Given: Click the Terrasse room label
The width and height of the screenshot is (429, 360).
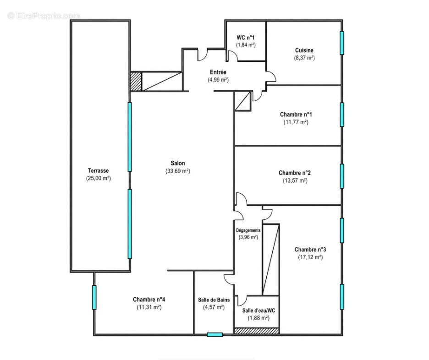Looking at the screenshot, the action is pos(98,170).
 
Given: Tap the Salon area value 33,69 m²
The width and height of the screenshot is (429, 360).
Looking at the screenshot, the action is pos(178,171).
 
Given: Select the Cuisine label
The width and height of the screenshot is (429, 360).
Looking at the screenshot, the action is pos(304,50).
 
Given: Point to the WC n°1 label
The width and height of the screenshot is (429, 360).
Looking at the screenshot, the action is pos(246,38).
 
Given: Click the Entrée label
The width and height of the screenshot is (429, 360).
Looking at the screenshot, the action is pos(218,72).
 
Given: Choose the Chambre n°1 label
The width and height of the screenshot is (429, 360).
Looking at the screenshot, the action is pos(296,114).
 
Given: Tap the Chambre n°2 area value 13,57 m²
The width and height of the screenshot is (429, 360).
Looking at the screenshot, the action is pos(295,180).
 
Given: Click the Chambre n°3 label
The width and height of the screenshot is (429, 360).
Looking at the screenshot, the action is pos(310,250).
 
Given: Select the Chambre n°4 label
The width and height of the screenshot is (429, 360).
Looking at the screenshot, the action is pos(149,300).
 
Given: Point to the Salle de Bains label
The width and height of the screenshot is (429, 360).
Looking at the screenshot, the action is pos(214,300).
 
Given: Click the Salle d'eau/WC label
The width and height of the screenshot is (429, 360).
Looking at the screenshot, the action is pos(259,311).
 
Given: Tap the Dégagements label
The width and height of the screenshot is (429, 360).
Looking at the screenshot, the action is pos(248,230).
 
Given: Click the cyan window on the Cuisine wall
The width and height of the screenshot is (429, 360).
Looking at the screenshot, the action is pos(342,43).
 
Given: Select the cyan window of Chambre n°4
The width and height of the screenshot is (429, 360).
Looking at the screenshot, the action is pos(94,297).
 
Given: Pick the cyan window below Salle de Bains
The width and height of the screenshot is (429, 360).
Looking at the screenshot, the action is pos(215,334).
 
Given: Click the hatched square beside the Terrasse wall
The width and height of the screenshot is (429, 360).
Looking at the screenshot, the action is pos(136,81).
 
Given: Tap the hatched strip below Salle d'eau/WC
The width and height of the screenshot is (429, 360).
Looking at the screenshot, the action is pos(257,331).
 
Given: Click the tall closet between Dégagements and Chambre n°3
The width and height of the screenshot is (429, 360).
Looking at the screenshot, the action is pos(271,260).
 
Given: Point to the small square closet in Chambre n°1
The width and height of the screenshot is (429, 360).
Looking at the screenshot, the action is pos(243,101).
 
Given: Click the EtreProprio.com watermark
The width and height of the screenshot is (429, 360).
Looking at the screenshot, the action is pos(44,16).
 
